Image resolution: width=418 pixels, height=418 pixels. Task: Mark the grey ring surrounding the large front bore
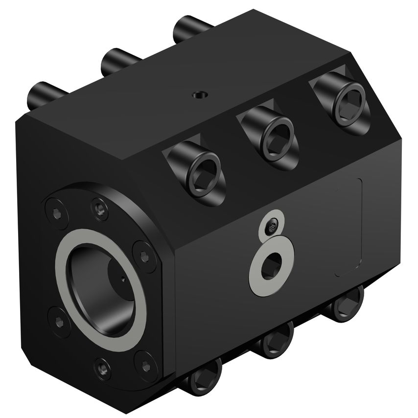click(x=100, y=290)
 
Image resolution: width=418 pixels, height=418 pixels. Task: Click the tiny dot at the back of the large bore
click(x=122, y=279)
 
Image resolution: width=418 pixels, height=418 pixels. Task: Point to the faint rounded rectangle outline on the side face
click(x=348, y=227)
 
